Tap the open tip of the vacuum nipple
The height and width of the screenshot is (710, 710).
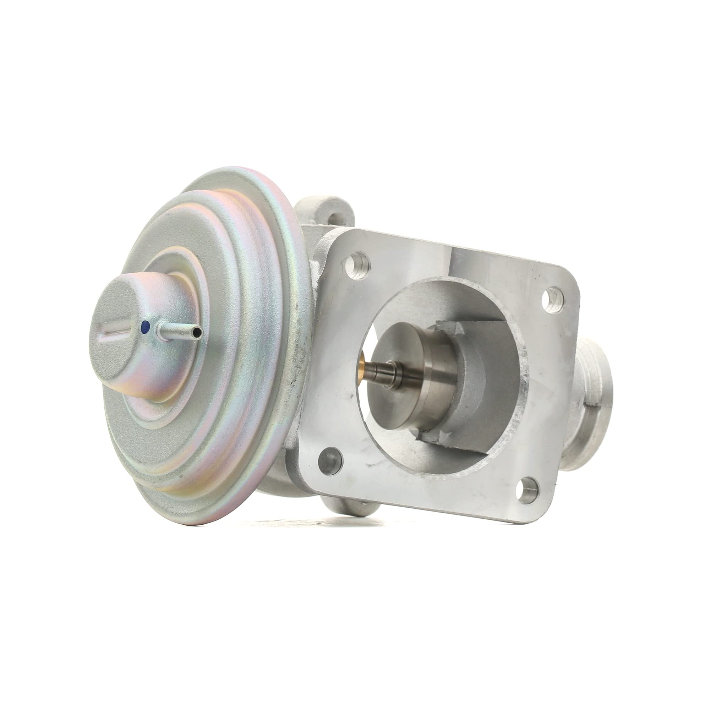(198, 333)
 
